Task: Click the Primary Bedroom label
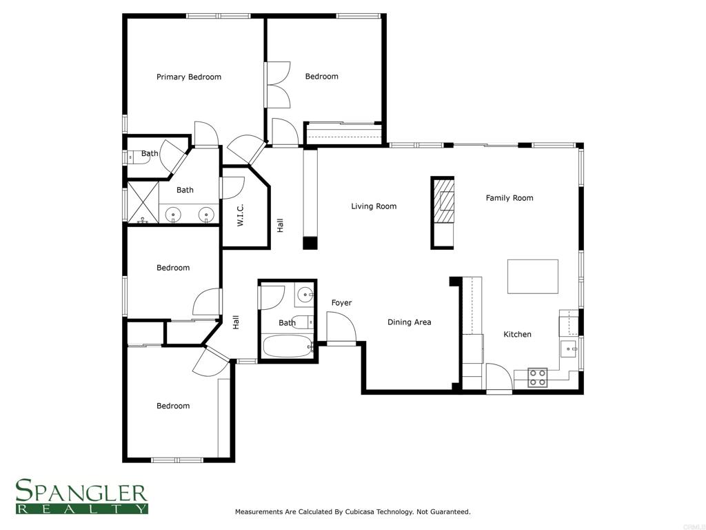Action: [x=188, y=77]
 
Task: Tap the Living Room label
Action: [x=374, y=206]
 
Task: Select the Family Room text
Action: [x=510, y=198]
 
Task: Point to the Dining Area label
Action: [x=409, y=322]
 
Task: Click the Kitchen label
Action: [x=517, y=335]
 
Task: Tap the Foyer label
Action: [x=341, y=303]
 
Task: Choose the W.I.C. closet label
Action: [x=241, y=215]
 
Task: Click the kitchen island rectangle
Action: [x=532, y=276]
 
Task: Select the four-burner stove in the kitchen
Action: [x=537, y=377]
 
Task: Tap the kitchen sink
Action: [x=570, y=349]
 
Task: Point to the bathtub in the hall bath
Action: [x=287, y=346]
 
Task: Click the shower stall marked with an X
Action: [x=143, y=202]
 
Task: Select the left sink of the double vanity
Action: [x=173, y=215]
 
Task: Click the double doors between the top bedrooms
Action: [x=277, y=86]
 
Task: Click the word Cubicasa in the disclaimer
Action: [x=361, y=512]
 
